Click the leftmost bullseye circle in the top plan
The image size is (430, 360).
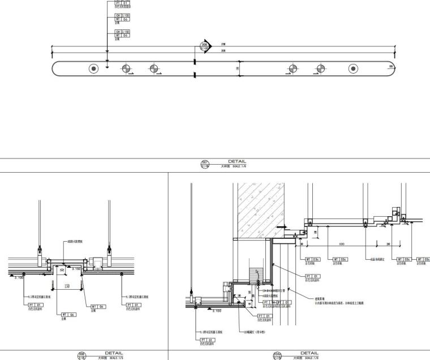pos(93,69)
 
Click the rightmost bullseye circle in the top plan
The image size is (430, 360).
pos(353,69)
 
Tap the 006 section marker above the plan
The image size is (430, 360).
pos(204,46)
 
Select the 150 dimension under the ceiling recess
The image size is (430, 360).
pos(66,286)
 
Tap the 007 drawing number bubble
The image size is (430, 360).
pos(205,165)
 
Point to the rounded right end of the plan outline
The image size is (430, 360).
pos(392,69)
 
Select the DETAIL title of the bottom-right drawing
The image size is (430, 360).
pos(309,353)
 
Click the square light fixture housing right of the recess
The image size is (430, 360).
pos(97,262)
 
